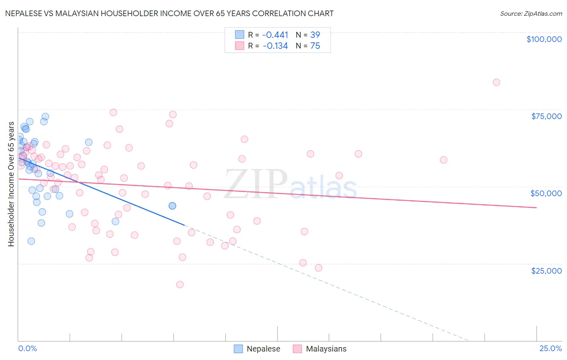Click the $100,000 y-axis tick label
[544, 39]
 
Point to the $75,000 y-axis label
[546, 116]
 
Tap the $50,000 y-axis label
[546, 193]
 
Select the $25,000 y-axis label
[546, 270]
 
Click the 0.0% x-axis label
[27, 348]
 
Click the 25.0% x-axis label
[550, 348]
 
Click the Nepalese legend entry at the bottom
[263, 349]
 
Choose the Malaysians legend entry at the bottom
[326, 349]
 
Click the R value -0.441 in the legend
[275, 35]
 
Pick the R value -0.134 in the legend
[275, 46]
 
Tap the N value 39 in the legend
[315, 35]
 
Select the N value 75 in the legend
[315, 46]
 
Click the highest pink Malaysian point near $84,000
[496, 82]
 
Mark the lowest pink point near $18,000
[180, 285]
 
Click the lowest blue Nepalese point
[31, 241]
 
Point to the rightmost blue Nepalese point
[172, 206]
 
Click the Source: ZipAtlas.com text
[531, 14]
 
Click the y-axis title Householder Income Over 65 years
[11, 184]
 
